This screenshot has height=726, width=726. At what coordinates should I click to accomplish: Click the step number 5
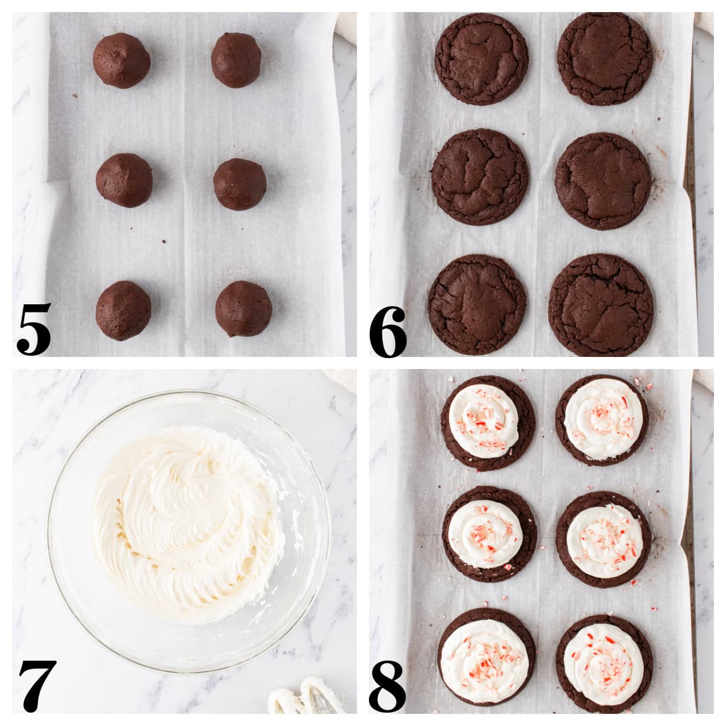tap(34, 330)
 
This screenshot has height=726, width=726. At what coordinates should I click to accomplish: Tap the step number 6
tap(388, 332)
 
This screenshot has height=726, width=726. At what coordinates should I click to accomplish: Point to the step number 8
tap(388, 687)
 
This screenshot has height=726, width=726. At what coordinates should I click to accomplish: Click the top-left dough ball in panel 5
tap(122, 60)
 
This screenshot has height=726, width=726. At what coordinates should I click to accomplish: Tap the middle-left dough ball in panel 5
tap(124, 180)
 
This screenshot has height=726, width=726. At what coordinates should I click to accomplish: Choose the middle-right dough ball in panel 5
tap(240, 184)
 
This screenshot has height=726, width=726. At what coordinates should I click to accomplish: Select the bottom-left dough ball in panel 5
tap(123, 310)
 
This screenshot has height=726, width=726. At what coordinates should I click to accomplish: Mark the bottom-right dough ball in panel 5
tap(243, 309)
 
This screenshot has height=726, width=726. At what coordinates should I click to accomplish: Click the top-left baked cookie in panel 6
tap(481, 59)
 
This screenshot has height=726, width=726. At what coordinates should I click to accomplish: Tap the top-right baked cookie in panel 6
tap(604, 59)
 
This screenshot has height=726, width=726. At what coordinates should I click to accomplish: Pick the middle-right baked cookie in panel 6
tap(603, 181)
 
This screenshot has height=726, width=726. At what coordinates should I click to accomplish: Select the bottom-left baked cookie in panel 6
tap(477, 304)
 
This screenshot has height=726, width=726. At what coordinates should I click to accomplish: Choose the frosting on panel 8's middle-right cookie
tap(604, 540)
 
